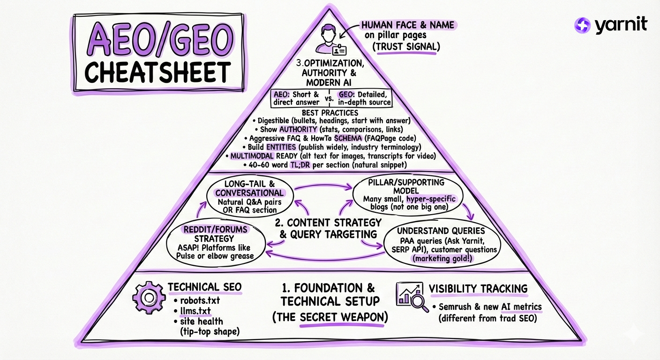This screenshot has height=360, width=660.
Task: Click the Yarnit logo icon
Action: point(583,25)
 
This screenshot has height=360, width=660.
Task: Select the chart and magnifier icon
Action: point(412,297)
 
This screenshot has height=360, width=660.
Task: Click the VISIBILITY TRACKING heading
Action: point(478,289)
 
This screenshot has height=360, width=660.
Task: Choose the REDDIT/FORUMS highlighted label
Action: point(216,230)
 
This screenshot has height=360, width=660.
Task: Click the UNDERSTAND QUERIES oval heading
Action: point(441,231)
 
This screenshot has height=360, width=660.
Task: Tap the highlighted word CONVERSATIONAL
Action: point(249,193)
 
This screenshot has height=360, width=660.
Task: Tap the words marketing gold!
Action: point(441,258)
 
